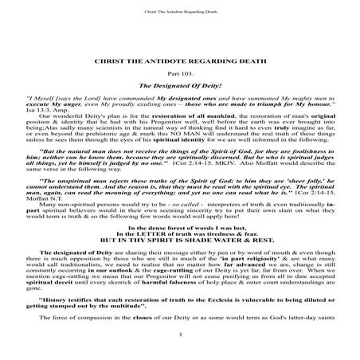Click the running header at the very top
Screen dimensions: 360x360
180,11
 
